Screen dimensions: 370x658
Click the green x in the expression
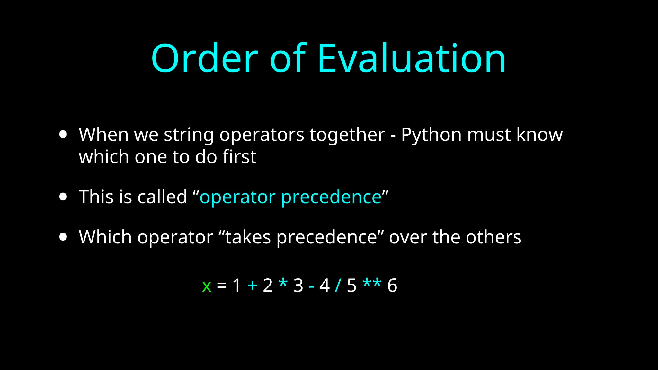click(207, 286)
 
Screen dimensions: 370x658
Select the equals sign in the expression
click(222, 285)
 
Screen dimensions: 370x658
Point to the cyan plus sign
click(253, 285)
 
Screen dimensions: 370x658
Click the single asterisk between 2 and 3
click(283, 284)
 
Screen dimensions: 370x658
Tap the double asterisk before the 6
click(372, 284)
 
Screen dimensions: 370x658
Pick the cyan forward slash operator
click(338, 285)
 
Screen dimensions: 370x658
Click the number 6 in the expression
click(392, 285)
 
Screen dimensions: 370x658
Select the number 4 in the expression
click(325, 285)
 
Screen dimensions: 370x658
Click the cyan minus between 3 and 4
click(311, 286)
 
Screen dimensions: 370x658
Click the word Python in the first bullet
click(431, 135)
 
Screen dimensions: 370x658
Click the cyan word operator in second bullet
click(237, 198)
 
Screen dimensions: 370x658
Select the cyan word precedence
click(331, 198)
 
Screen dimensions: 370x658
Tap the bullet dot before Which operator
click(63, 237)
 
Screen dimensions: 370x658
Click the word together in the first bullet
click(347, 135)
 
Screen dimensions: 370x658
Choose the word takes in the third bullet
click(248, 237)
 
